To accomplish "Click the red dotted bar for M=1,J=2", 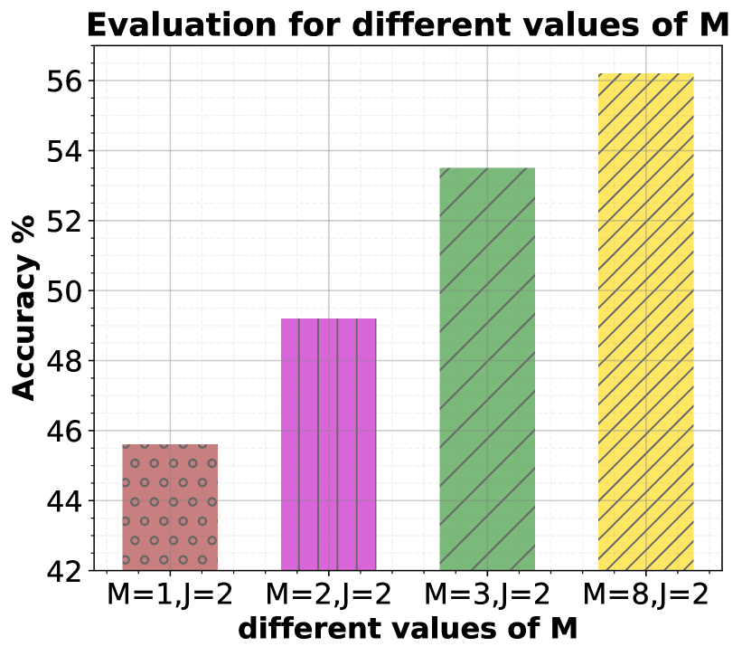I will pos(170,508).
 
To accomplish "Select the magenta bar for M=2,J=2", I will pos(329,444).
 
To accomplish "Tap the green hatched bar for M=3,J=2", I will pos(487,369).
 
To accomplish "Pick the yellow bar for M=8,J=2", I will pos(645,322).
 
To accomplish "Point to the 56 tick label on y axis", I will pos(63,81).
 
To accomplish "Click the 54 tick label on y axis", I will pos(63,151).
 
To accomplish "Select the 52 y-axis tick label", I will pos(63,221).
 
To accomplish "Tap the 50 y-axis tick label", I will pos(63,291).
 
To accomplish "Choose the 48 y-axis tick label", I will pos(63,361).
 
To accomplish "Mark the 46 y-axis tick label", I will pos(63,432).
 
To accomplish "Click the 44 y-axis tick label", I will pos(63,501).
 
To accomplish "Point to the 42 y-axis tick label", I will pos(63,571).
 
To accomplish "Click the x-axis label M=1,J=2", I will pos(170,596).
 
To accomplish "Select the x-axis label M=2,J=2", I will pos(329,596).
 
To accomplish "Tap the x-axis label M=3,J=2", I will pos(487,596).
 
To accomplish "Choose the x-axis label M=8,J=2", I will pos(645,596).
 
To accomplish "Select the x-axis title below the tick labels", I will pos(408,629).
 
